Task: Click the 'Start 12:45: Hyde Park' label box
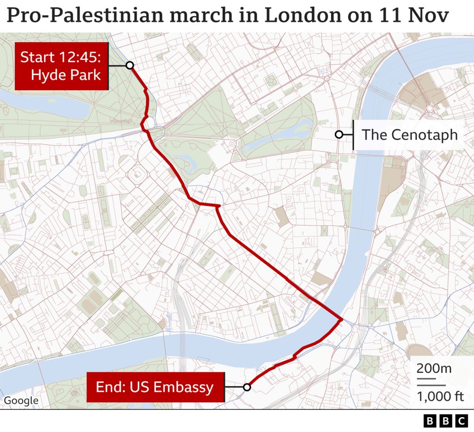click(x=62, y=66)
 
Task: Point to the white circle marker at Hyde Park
click(x=130, y=65)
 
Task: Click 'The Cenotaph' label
click(x=409, y=135)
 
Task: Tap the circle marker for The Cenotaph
click(x=339, y=135)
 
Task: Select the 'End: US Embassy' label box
click(x=155, y=387)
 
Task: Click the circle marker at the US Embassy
click(x=247, y=387)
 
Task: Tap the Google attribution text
click(x=21, y=401)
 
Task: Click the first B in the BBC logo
click(x=430, y=421)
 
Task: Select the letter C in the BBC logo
click(x=462, y=421)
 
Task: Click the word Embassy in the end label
click(x=189, y=387)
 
